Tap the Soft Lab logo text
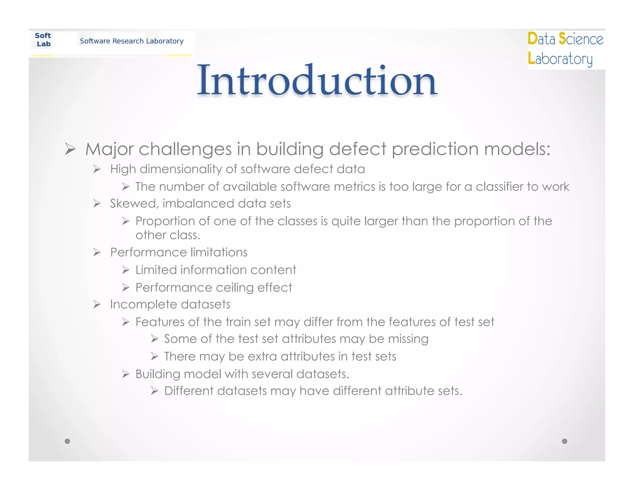43,40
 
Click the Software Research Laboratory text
132,41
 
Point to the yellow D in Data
532,39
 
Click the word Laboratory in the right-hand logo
560,59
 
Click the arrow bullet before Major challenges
70,149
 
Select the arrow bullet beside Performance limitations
97,252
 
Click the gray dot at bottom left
67,441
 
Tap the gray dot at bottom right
564,441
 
